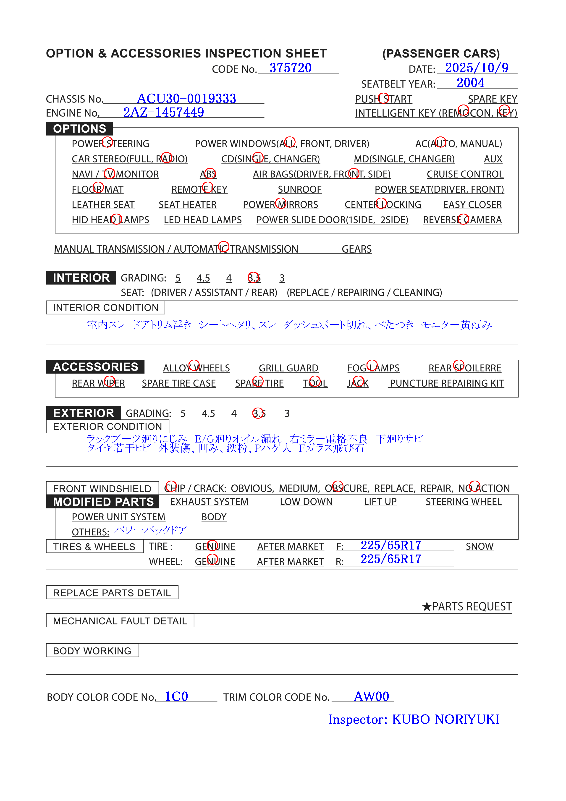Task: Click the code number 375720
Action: point(290,68)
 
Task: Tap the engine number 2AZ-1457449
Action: point(163,112)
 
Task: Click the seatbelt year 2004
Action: point(470,83)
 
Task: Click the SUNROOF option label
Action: point(299,189)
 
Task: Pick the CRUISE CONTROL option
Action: point(465,174)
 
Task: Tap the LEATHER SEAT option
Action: point(103,205)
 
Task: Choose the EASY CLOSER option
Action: point(472,205)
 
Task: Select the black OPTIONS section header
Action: point(80,129)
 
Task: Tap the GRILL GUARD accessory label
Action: point(288,368)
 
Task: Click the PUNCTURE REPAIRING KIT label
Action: point(447,383)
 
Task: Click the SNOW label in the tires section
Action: point(480,546)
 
